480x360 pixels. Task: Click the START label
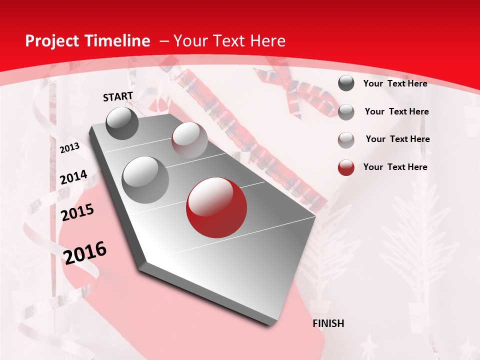tap(118, 96)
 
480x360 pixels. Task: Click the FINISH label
tap(328, 323)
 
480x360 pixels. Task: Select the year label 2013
tap(69, 148)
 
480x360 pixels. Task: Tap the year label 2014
tap(73, 177)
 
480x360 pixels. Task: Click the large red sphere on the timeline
tap(215, 208)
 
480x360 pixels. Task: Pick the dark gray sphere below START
tap(122, 123)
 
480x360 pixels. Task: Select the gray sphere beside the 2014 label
tap(145, 179)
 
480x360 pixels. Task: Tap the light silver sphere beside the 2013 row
tap(189, 140)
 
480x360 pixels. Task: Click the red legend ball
tap(346, 167)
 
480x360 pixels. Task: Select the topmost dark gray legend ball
tap(346, 83)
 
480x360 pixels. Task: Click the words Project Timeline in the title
tap(87, 41)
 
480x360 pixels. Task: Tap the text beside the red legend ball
tap(395, 167)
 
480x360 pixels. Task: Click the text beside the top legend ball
tap(395, 83)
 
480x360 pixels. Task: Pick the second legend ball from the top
tap(346, 112)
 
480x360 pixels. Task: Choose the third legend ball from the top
tap(346, 139)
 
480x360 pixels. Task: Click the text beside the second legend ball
tap(396, 111)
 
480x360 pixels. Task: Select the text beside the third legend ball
tap(397, 139)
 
